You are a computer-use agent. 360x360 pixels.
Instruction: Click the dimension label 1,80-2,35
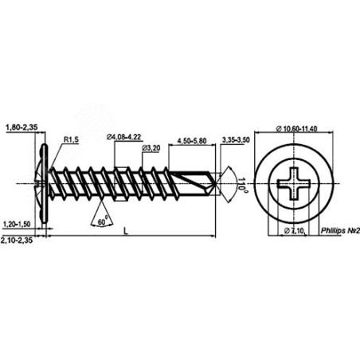[22, 127]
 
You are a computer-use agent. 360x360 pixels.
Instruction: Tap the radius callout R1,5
[71, 139]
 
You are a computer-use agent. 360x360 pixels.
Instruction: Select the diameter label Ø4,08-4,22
[123, 137]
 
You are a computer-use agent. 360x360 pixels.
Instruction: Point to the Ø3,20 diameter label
[151, 148]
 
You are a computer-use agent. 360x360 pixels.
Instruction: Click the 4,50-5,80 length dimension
[192, 141]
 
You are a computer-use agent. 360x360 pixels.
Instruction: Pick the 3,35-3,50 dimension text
[236, 140]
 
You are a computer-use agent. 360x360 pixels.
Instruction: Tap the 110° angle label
[242, 183]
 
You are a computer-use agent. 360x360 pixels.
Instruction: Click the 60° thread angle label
[103, 221]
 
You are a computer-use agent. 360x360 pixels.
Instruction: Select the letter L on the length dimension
[126, 231]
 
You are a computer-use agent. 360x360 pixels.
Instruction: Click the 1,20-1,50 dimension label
[17, 225]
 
